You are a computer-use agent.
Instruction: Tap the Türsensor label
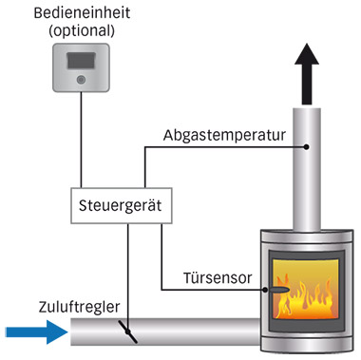[x=219, y=279]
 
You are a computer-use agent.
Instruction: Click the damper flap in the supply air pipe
[x=127, y=332]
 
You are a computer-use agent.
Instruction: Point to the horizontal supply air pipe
[x=190, y=332]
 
